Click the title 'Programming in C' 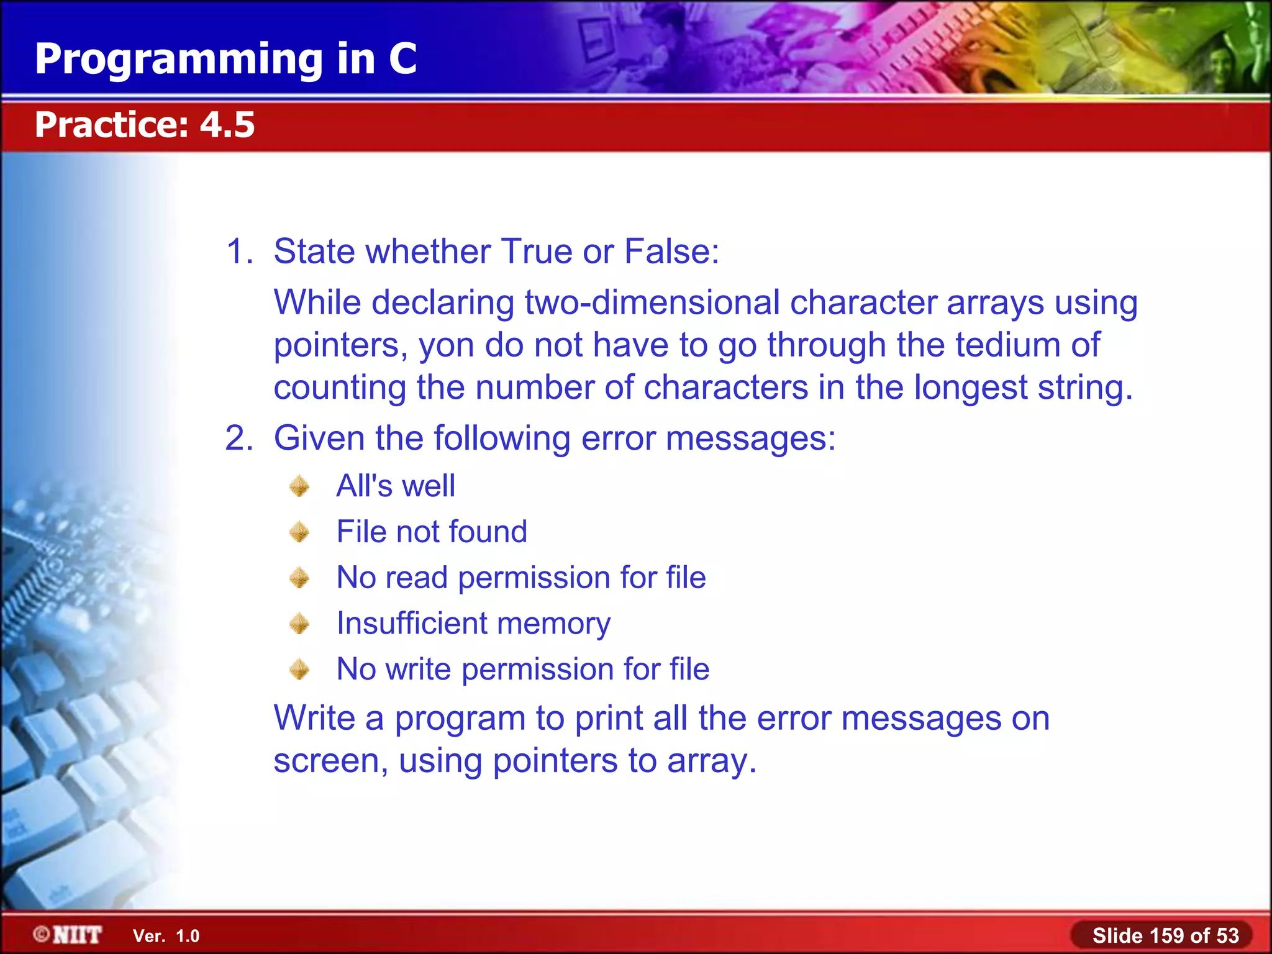point(225,60)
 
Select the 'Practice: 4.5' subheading point(145,125)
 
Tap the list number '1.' point(239,252)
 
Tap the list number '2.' point(239,438)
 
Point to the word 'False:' point(671,252)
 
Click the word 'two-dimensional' point(652,303)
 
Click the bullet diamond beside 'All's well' point(299,486)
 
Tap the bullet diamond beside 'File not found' point(299,532)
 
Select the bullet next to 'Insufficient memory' point(299,624)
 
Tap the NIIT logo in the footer point(68,935)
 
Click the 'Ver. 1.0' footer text point(166,936)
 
